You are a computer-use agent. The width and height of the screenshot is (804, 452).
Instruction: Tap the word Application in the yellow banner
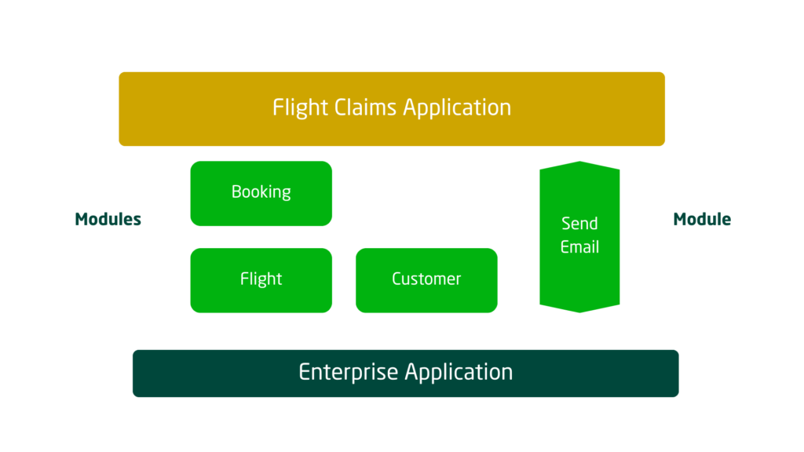(x=457, y=108)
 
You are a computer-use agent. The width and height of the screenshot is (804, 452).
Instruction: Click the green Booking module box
(x=261, y=193)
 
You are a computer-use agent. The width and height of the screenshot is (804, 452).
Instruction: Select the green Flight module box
(x=261, y=280)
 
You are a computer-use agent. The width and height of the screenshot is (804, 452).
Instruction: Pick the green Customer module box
(x=426, y=280)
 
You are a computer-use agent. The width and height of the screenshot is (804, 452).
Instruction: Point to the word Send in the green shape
(x=579, y=224)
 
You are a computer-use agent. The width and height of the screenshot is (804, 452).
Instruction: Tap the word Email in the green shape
(x=579, y=247)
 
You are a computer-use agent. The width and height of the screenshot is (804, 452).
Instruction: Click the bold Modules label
(x=108, y=220)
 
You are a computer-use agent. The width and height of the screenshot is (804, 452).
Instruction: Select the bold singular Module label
(x=702, y=220)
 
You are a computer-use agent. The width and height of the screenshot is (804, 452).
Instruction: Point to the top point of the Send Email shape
(x=579, y=162)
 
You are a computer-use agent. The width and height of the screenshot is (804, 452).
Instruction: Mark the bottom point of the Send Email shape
(x=579, y=312)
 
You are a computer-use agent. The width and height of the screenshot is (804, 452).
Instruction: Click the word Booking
(x=261, y=192)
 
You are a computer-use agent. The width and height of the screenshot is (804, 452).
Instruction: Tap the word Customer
(x=426, y=279)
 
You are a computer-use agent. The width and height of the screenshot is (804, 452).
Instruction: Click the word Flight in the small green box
(x=261, y=279)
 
